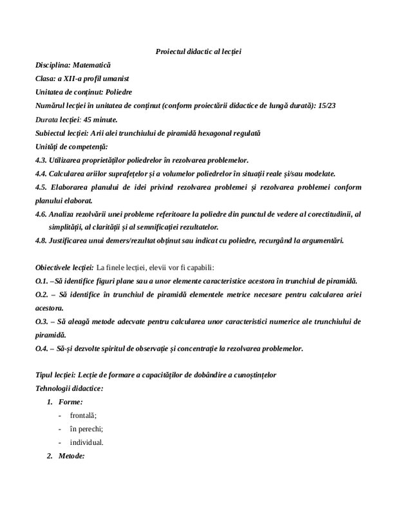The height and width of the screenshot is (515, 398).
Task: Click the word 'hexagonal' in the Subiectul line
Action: [x=214, y=133]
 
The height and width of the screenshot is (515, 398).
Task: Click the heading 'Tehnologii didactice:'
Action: [x=70, y=389]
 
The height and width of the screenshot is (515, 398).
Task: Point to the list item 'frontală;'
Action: [x=84, y=416]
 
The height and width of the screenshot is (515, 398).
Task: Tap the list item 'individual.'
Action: [x=87, y=443]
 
